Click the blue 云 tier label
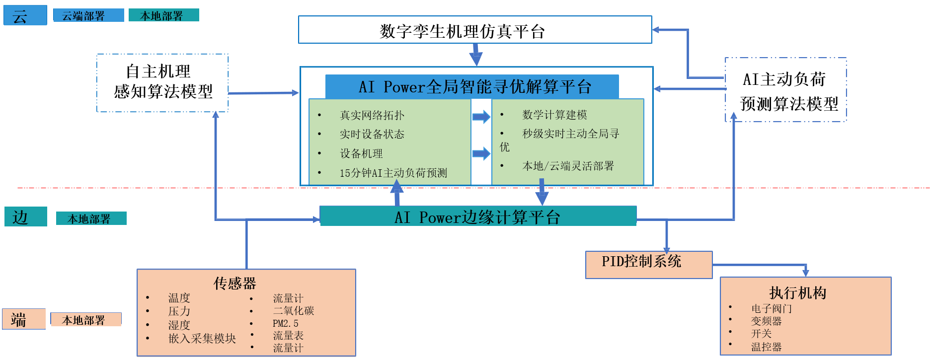pos(25,15)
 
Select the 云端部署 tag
pos(88,15)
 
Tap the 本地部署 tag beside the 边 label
pos(91,218)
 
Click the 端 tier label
pos(23,319)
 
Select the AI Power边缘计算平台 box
pos(478,216)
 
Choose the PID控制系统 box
pos(648,264)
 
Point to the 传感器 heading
pos(234,283)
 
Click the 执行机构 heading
pos(797,292)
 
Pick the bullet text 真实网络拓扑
pos(372,115)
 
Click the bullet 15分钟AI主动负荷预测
pos(393,173)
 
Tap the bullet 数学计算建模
pos(554,115)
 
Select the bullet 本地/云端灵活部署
pos(568,166)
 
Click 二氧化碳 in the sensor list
pos(293,311)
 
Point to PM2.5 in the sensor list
pos(285,323)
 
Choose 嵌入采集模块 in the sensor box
pos(202,339)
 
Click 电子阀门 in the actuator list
pos(771,308)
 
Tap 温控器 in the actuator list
pos(766,347)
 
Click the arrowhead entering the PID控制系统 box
pos(666,249)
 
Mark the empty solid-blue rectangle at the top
pos(474,29)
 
